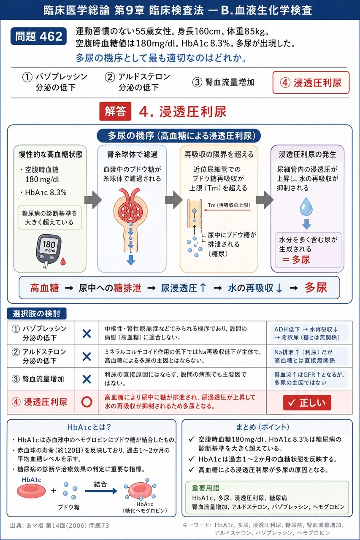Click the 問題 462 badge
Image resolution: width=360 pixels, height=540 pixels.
38,36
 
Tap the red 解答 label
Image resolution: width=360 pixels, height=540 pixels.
115,111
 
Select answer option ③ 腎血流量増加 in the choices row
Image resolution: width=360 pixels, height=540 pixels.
223,82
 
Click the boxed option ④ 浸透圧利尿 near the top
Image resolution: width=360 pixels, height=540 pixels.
311,82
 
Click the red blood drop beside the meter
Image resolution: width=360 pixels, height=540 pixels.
63,261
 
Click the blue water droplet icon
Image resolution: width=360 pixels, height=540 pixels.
306,206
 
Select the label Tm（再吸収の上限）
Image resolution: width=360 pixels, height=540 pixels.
229,205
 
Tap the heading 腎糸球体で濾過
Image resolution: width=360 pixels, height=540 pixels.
133,154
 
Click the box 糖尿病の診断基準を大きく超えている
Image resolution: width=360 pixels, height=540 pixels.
50,218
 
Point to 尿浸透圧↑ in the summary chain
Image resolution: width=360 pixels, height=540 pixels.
184,288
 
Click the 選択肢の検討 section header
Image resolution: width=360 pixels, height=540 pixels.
37,313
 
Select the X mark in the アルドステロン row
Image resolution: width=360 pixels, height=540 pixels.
87,356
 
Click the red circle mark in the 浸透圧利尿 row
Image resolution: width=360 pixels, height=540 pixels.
87,402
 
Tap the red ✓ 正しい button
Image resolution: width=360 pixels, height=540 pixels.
307,402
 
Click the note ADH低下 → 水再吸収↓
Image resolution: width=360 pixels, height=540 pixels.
306,329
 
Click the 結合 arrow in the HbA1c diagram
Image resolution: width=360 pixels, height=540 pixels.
101,491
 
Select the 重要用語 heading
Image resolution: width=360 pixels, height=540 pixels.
206,488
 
